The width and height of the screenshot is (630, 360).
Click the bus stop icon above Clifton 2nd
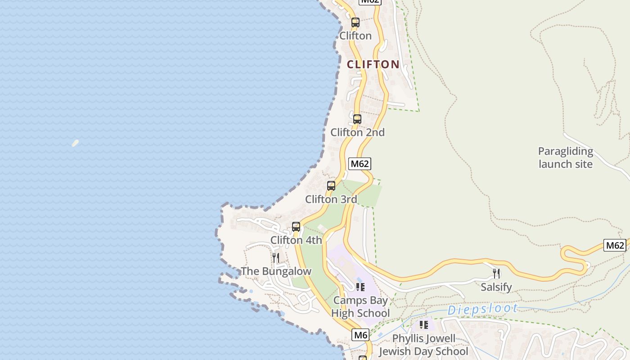[x=357, y=119]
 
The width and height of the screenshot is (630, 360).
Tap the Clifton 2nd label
[x=358, y=132]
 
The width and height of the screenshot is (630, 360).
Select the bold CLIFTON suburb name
[x=373, y=64]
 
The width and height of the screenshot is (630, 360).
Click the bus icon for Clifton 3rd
[x=331, y=186]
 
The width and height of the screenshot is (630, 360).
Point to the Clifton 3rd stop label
[x=331, y=199]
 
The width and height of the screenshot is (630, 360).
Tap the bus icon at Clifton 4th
[x=296, y=227]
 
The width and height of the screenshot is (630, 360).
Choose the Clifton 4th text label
[x=296, y=240]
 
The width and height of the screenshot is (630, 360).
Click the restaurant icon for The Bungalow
[x=276, y=258]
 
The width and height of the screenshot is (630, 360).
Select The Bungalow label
[x=276, y=271]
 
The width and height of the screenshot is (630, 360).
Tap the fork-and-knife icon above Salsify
[x=496, y=273]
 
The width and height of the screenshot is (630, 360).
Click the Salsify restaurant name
[x=496, y=287]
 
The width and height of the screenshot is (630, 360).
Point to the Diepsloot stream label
[x=482, y=309]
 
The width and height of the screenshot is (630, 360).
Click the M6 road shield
[x=360, y=335]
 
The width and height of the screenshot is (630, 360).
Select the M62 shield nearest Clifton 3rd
[x=360, y=164]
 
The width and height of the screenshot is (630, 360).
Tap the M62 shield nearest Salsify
[x=615, y=245]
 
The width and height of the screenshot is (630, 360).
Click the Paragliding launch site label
[x=566, y=157]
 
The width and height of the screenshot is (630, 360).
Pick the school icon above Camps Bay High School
[x=360, y=287]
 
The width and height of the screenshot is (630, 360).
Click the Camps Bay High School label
[x=360, y=306]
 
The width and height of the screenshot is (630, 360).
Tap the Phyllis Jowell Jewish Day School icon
[x=423, y=324]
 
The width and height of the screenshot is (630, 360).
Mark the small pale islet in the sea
[x=75, y=143]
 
